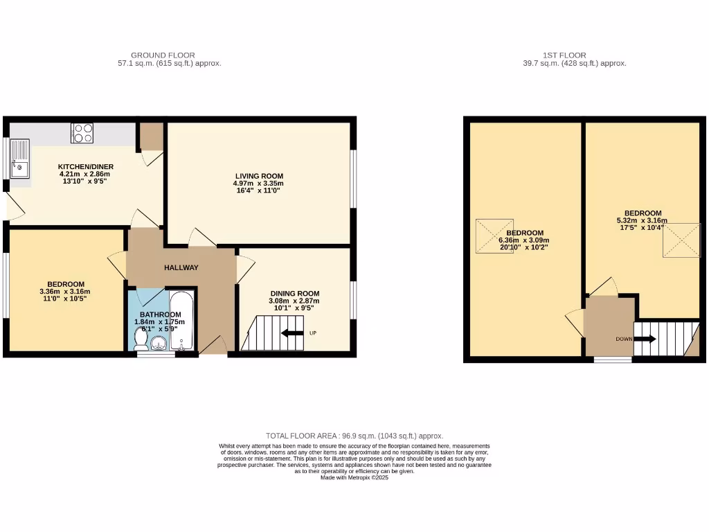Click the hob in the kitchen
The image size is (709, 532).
[82, 132]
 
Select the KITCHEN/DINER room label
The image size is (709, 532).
[85, 167]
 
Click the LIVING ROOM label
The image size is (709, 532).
[259, 176]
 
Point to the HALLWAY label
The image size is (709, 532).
[181, 268]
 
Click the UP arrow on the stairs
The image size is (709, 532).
[292, 333]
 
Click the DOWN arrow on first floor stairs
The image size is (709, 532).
[645, 339]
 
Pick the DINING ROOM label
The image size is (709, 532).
[294, 294]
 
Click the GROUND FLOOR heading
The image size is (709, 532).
[163, 55]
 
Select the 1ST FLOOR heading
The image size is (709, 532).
[565, 55]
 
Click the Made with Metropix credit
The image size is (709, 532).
[354, 478]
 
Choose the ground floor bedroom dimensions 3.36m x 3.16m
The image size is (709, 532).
[65, 292]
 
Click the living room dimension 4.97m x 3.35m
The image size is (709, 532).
[259, 184]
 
